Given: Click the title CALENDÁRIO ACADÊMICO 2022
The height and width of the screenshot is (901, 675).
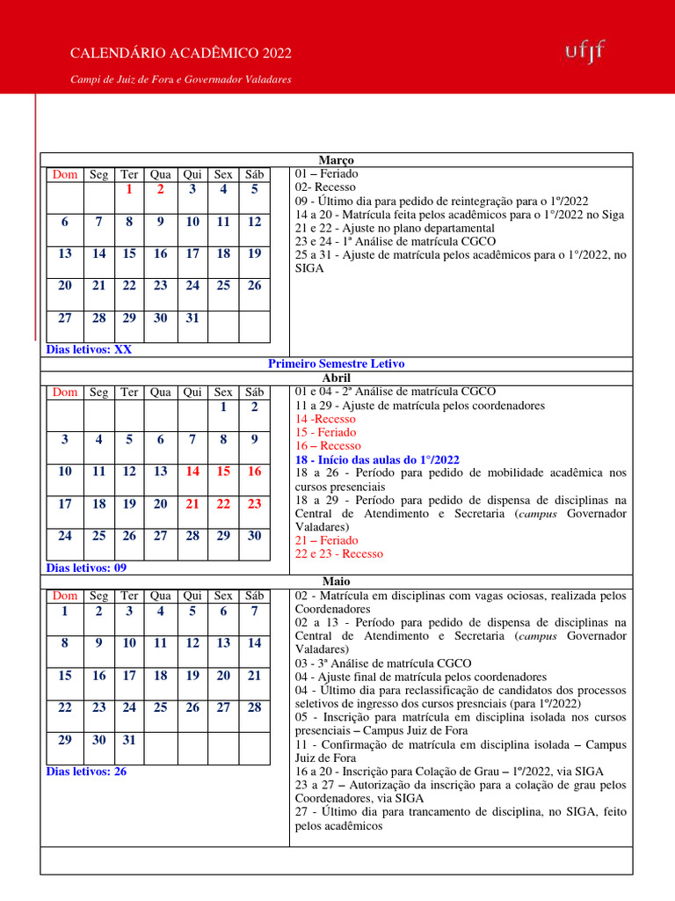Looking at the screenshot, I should point(181,55).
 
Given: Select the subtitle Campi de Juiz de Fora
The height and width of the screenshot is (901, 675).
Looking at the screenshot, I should point(180,80).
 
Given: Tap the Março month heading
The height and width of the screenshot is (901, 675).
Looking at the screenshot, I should point(336,160).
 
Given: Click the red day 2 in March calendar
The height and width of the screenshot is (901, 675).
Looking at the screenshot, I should point(160,188).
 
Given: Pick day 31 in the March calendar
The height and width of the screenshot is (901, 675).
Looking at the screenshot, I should point(192,319).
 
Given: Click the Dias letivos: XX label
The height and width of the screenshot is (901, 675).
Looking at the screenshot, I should point(89,349).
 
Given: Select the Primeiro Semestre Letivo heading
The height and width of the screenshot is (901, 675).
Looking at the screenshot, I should point(336,363).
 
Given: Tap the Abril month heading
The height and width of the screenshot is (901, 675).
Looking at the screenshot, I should point(336,377).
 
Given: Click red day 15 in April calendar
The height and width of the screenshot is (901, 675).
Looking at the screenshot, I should point(223,472).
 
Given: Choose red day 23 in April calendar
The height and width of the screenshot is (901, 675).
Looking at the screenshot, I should point(254,504).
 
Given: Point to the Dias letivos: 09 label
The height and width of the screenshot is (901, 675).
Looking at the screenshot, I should point(86,568).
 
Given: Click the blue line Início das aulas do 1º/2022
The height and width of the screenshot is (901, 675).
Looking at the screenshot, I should point(377,459).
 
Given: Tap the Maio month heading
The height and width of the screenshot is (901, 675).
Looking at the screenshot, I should point(336,582).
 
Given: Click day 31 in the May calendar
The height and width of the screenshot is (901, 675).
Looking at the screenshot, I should point(128,740).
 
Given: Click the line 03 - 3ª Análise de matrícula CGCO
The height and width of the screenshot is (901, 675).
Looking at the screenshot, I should point(383,663).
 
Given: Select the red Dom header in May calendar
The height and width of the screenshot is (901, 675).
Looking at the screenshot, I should point(65,596).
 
